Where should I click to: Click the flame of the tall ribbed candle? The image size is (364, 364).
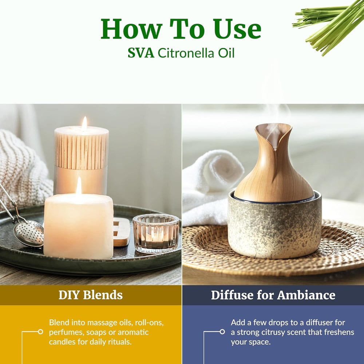(84, 124)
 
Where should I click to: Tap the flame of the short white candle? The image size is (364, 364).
(79, 186)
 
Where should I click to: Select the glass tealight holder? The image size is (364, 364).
(156, 233)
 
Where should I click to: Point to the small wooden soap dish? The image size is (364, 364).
(121, 231)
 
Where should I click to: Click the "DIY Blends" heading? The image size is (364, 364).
(91, 295)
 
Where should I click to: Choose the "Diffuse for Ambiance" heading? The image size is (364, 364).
(273, 295)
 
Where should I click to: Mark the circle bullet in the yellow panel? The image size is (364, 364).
(40, 332)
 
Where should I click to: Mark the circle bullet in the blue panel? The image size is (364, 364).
(222, 332)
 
